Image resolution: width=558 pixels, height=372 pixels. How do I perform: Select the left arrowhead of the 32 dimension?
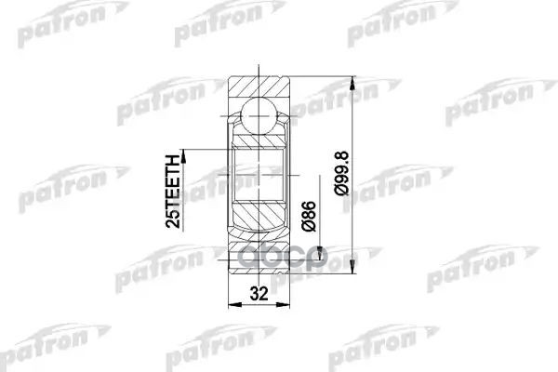pyautogui.click(x=232, y=308)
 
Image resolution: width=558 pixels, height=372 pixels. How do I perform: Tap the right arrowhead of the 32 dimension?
pyautogui.click(x=288, y=308)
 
